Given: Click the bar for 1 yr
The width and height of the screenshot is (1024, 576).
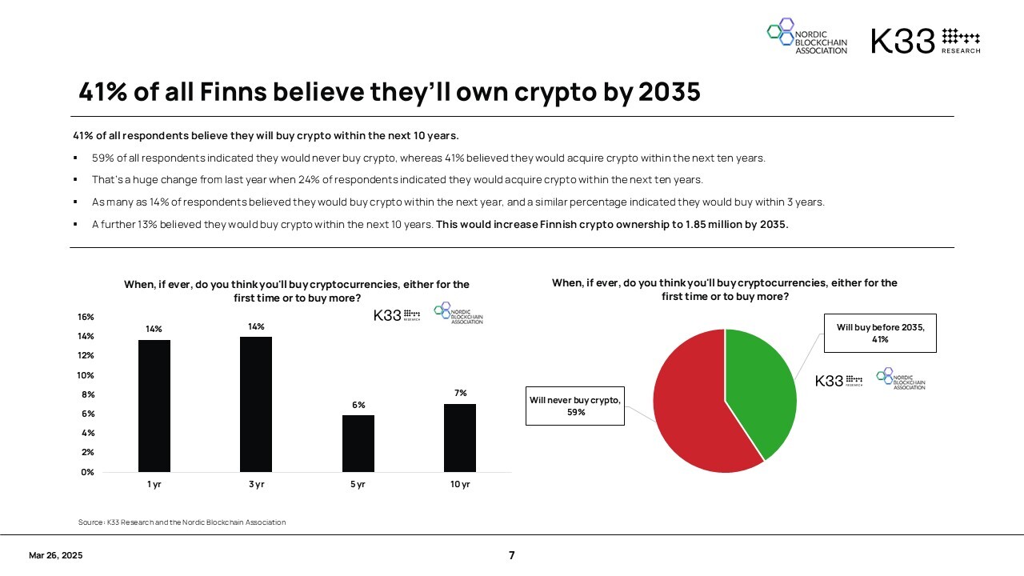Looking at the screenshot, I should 154,406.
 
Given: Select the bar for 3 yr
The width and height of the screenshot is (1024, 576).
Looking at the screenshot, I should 256,404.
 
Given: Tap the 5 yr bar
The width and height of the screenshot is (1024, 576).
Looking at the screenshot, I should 358,443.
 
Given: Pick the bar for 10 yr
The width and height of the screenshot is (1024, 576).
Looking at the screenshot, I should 460,438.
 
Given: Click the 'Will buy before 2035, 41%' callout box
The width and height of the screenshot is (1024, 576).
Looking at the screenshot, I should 880,333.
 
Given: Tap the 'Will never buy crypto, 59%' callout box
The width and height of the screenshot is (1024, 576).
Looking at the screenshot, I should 575,406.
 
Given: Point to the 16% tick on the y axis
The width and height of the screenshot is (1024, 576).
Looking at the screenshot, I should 86,317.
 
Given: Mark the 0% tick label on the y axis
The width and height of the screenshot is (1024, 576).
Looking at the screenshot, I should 87,472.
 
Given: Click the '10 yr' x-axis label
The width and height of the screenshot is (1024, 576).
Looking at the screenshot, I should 460,485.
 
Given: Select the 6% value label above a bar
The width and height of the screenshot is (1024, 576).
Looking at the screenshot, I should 358,406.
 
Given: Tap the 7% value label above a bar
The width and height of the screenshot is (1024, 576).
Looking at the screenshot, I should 460,393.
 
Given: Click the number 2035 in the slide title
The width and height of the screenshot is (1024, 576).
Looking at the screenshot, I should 670,93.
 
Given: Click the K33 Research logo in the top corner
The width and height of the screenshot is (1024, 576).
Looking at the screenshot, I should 925,40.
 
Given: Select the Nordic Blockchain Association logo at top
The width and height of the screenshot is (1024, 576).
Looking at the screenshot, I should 807,38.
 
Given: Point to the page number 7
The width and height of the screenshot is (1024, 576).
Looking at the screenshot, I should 512,555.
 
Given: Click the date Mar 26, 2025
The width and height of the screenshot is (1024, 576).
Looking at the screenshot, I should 55,555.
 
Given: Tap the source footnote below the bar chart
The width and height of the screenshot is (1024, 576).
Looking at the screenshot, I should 182,522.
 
